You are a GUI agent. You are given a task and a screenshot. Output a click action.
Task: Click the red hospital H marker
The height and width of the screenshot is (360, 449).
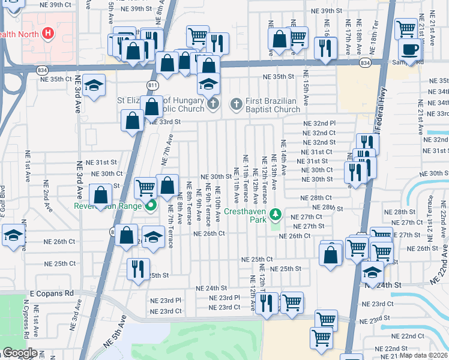click(x=49, y=33)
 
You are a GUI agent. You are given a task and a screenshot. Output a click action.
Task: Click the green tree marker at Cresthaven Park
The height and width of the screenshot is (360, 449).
click(x=275, y=214)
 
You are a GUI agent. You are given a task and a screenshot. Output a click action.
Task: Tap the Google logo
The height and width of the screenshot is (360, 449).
click(x=20, y=353)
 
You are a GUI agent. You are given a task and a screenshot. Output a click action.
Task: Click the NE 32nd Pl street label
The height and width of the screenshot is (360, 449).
click(x=319, y=123)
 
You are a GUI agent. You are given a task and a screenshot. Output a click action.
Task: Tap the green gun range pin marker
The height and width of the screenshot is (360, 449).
click(x=150, y=206)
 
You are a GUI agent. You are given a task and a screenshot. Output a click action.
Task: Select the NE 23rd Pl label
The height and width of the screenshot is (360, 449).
click(x=166, y=300)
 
